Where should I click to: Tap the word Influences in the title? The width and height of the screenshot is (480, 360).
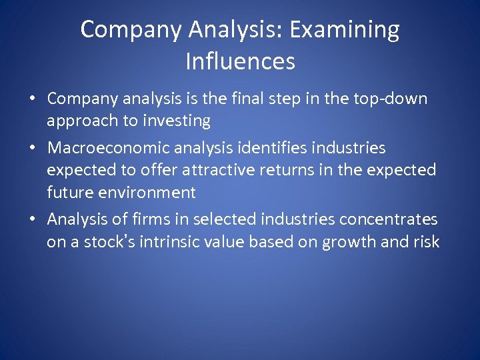pyautogui.click(x=240, y=61)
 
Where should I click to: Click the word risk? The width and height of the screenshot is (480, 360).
pyautogui.click(x=425, y=241)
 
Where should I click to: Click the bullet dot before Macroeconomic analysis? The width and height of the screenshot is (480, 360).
pyautogui.click(x=31, y=147)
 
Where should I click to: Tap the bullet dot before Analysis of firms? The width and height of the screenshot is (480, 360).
pyautogui.click(x=31, y=219)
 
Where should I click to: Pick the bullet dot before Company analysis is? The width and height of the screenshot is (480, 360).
pyautogui.click(x=31, y=99)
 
